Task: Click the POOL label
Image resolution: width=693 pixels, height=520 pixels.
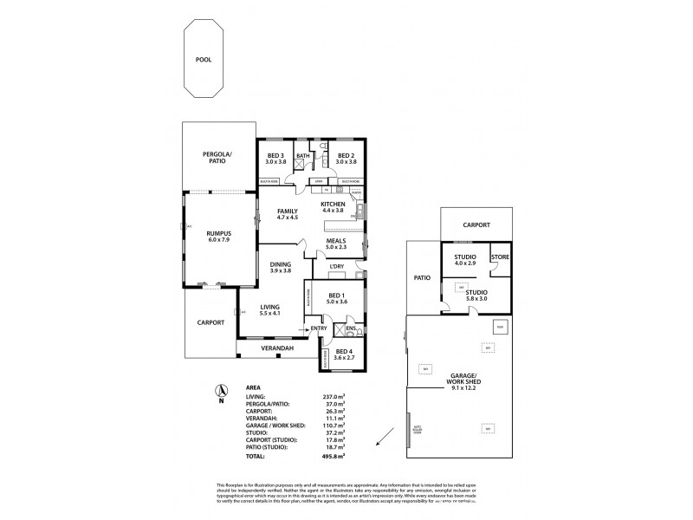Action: [x=203, y=61]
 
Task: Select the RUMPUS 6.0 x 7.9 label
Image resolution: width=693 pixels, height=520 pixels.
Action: [x=218, y=236]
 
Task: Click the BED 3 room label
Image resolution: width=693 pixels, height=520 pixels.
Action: [x=275, y=157]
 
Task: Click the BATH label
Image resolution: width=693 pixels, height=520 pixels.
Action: [x=302, y=157]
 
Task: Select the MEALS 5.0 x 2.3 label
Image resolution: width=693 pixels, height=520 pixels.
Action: [x=337, y=245]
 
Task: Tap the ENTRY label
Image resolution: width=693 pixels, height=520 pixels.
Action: [x=319, y=328]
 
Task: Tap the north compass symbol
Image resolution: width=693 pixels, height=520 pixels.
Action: [x=222, y=392]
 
